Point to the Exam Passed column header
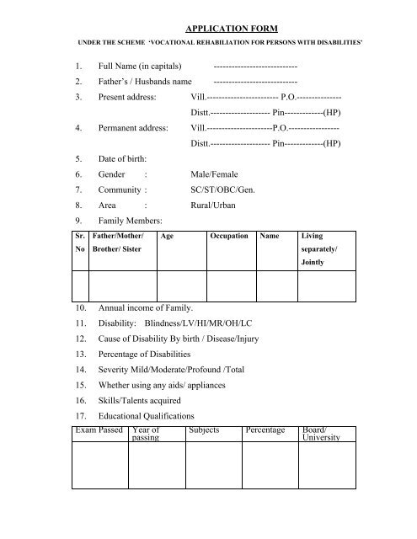(x=99, y=430)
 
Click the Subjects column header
(x=206, y=430)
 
